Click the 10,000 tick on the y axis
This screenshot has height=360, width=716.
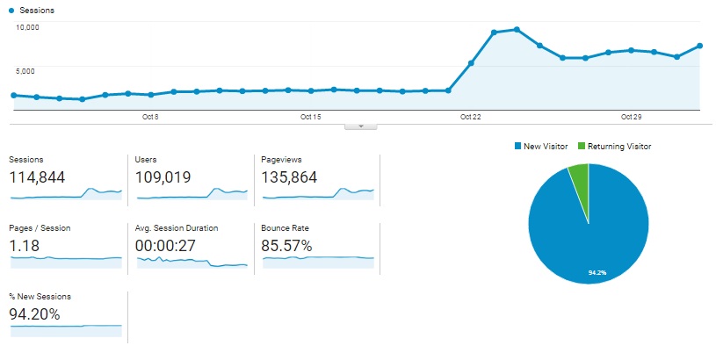coord(28,27)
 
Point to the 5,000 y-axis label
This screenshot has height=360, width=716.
coord(26,70)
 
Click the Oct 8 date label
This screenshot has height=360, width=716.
coord(149,117)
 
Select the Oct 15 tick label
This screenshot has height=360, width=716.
coord(310,117)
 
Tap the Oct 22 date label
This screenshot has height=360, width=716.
coord(471,117)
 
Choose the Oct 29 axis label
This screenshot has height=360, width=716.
coord(632,117)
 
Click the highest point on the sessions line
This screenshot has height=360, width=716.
coord(517,30)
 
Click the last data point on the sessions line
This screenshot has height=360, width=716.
coord(699,46)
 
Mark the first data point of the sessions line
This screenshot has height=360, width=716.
coord(13,95)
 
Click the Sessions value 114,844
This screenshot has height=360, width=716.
coord(37,177)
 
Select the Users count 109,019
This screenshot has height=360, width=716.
coord(163,177)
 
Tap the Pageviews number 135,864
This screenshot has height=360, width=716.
coord(290,177)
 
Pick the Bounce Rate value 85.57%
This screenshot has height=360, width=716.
coord(286,246)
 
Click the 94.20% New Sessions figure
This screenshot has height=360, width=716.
coord(35,314)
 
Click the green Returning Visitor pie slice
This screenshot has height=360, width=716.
coord(580,175)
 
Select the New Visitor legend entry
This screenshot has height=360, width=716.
coord(540,146)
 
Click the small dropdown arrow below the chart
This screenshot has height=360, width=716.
coord(361,126)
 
